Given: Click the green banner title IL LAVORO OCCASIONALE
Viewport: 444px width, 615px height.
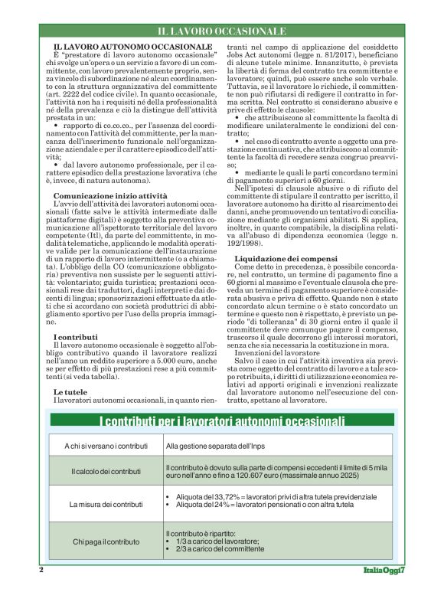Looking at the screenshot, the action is point(222,31).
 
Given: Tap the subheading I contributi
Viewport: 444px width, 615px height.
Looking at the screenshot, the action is point(75,337).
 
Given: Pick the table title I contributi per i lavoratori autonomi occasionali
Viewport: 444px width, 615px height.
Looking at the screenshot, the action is point(222,421).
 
